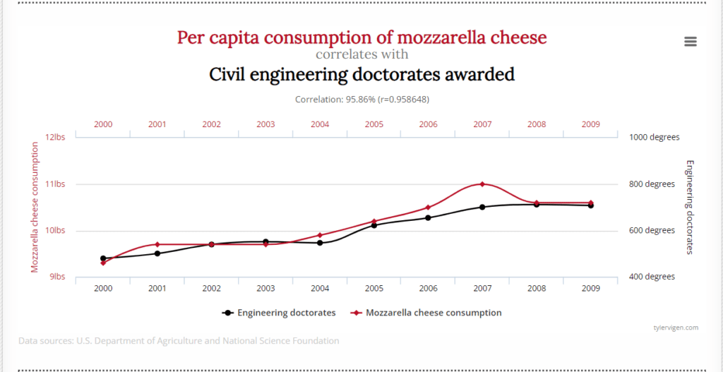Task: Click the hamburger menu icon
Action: click(x=691, y=42)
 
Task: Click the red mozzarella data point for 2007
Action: click(x=482, y=184)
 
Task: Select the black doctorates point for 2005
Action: click(x=374, y=225)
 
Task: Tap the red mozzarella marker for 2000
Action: click(x=103, y=263)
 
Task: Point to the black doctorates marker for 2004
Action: click(x=320, y=242)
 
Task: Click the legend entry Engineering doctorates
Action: click(x=278, y=313)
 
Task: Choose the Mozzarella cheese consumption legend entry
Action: click(x=426, y=313)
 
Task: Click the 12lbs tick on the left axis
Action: click(x=58, y=137)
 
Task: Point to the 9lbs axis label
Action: click(x=58, y=277)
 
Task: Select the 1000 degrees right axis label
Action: click(x=654, y=138)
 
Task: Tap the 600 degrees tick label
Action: click(x=652, y=231)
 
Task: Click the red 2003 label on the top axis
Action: click(x=265, y=124)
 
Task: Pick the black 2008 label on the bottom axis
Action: click(x=537, y=289)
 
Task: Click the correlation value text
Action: click(x=362, y=99)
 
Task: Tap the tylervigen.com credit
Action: click(x=676, y=328)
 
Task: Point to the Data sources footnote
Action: click(x=179, y=341)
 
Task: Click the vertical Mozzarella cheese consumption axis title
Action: click(x=35, y=207)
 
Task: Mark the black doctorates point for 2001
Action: click(x=157, y=253)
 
